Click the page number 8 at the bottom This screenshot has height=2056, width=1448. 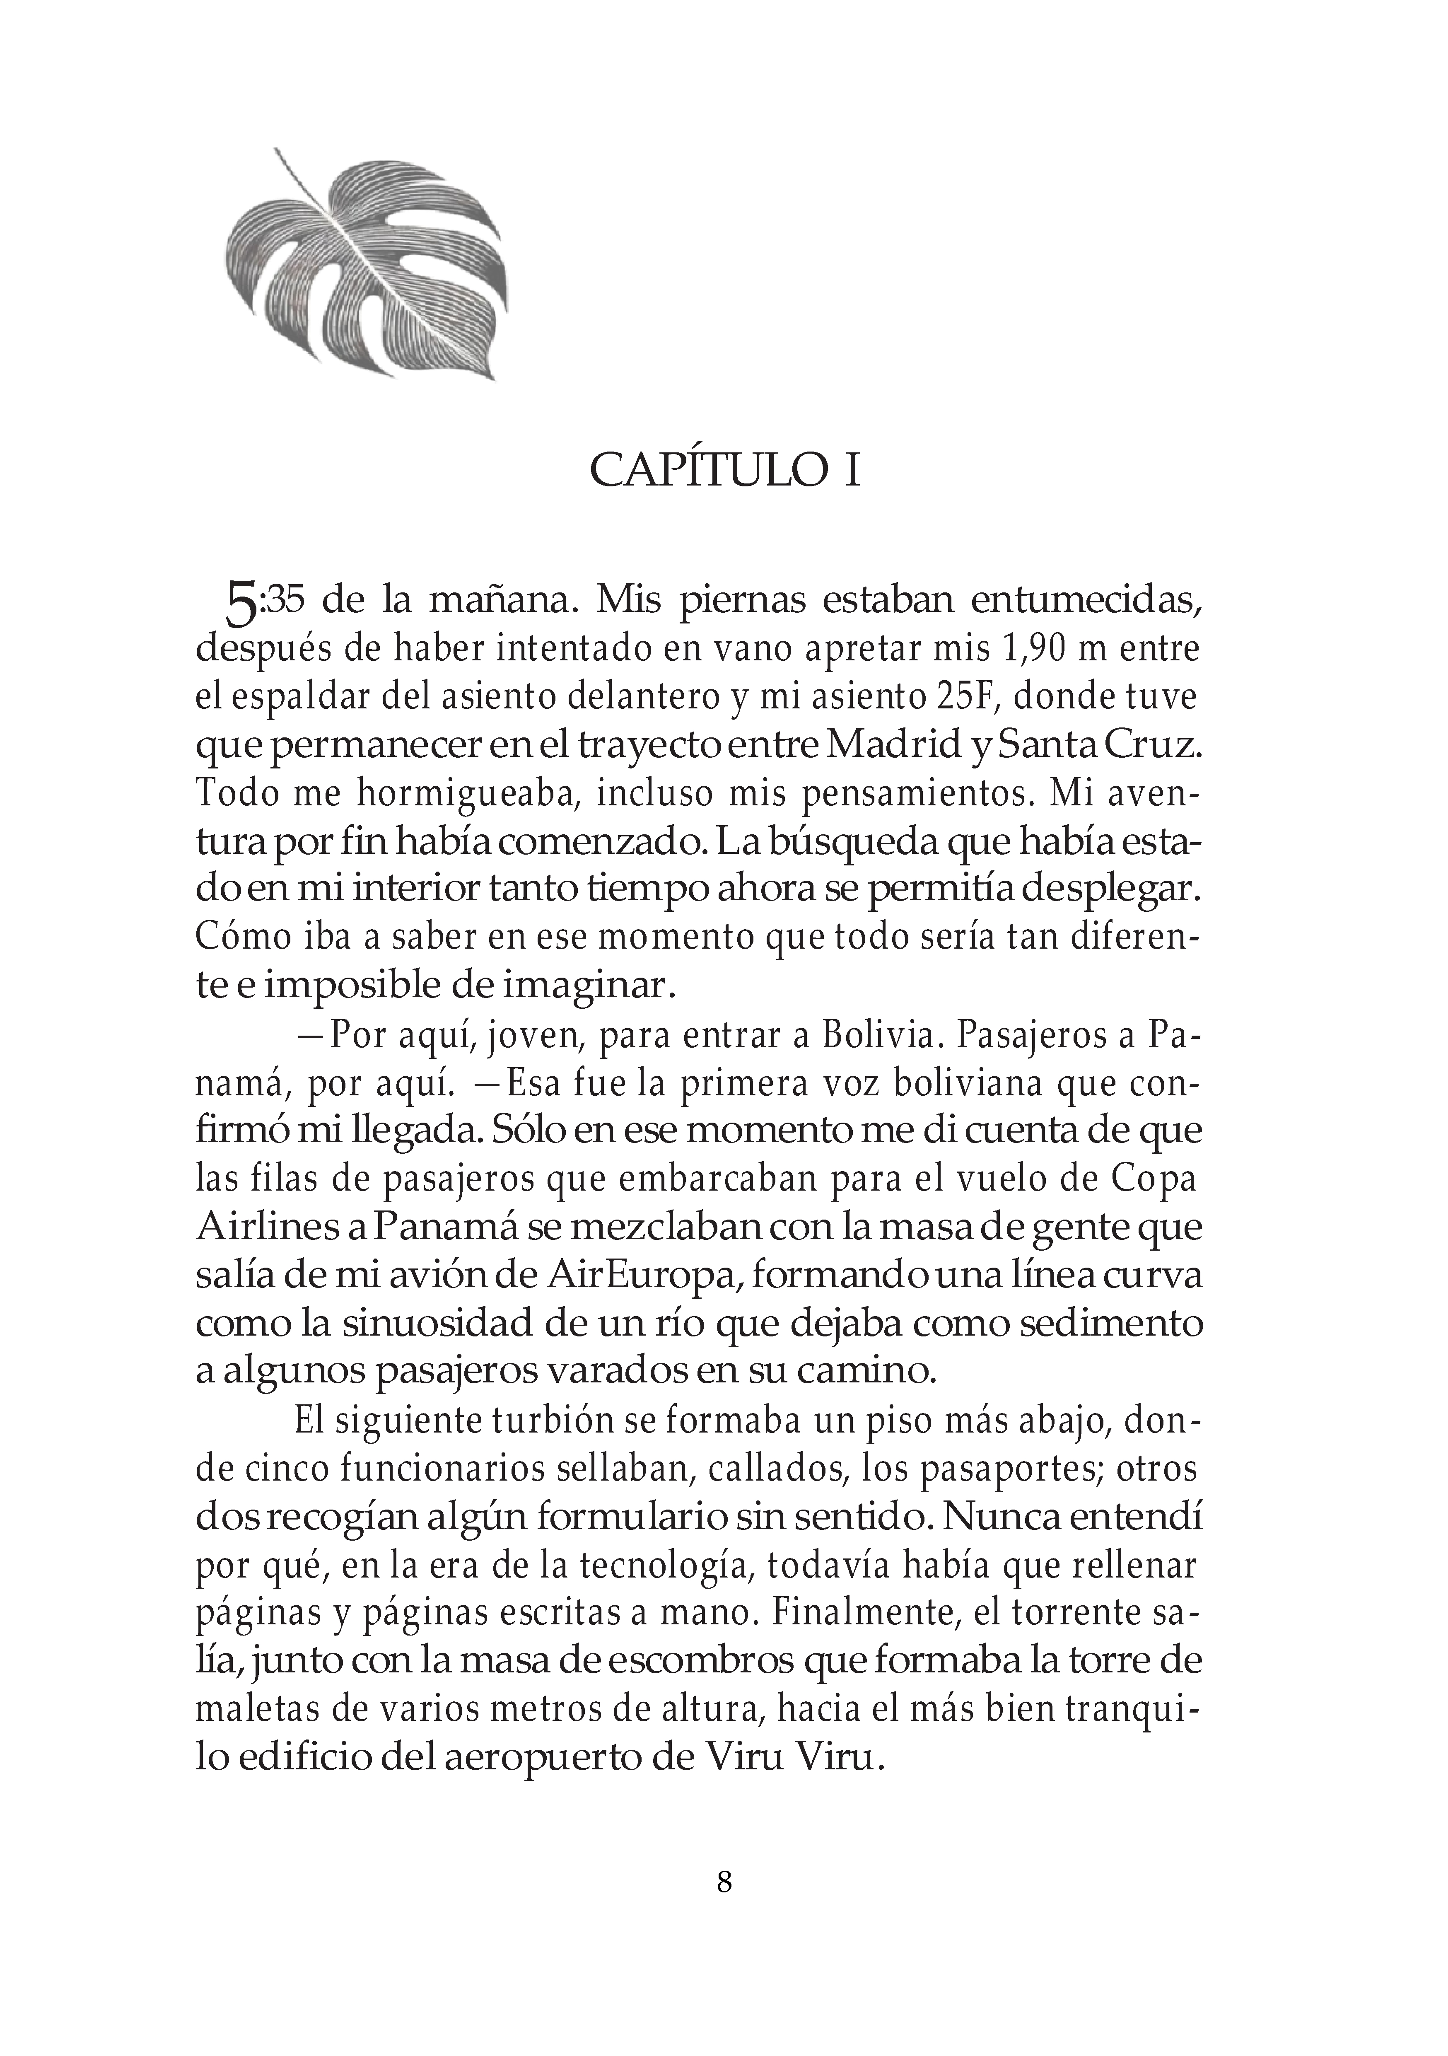(x=724, y=1881)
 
